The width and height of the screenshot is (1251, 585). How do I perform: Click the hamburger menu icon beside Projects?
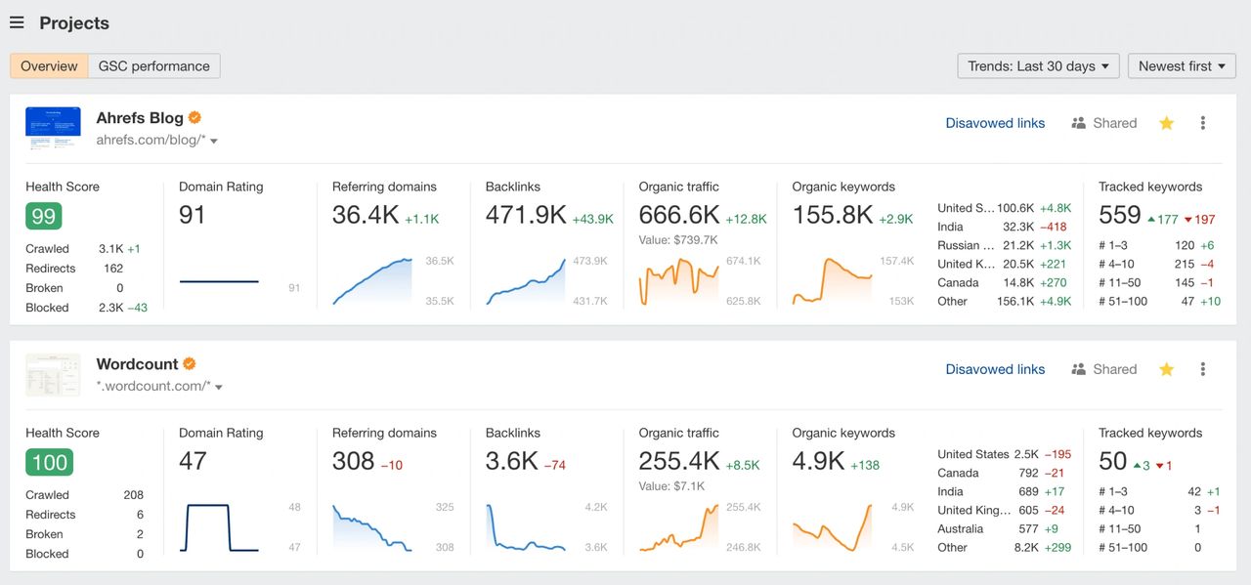[17, 22]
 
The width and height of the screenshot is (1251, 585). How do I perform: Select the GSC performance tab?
[153, 66]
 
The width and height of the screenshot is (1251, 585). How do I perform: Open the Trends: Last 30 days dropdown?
[1038, 66]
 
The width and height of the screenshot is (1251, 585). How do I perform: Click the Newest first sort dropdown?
[1181, 66]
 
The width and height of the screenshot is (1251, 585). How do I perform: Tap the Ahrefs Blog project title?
[140, 118]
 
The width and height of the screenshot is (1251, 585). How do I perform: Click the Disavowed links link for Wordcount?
[995, 369]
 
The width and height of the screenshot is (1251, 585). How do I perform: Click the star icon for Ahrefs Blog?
[1166, 123]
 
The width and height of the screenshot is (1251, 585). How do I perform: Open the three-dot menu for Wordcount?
[1203, 369]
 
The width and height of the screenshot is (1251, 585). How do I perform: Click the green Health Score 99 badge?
[44, 216]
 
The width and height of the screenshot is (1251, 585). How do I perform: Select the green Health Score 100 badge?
[49, 462]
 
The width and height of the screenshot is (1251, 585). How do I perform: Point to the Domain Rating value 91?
[193, 215]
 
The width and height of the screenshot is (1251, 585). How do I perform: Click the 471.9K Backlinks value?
[526, 215]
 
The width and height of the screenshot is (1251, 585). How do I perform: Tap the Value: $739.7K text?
[678, 240]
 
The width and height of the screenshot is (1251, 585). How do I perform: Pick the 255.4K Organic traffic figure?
[679, 461]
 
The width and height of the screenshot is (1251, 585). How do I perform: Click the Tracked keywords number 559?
[1120, 215]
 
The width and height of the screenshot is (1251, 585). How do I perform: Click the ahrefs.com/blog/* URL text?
[151, 141]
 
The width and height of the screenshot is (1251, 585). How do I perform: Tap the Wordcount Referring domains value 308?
[353, 461]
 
